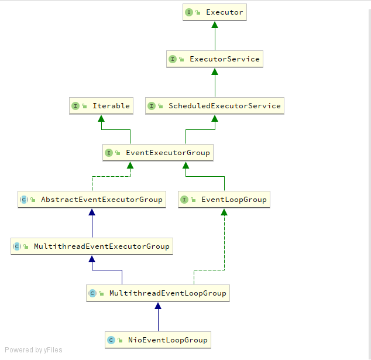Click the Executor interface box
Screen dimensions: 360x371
(x=215, y=12)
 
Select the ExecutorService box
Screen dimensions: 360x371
(x=215, y=59)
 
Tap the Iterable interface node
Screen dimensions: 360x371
(x=101, y=106)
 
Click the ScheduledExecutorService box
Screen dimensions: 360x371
(x=215, y=106)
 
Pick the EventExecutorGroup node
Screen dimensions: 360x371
(x=157, y=153)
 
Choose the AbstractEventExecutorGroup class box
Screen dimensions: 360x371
(x=91, y=200)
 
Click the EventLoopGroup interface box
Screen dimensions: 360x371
(x=224, y=200)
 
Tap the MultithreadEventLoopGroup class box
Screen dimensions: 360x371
(x=157, y=293)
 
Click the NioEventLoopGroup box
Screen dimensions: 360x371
(x=157, y=340)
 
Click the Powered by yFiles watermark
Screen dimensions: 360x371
(x=33, y=350)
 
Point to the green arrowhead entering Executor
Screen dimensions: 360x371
(x=215, y=25)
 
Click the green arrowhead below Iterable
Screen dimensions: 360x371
(x=101, y=118)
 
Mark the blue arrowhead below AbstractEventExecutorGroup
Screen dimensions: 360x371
(x=91, y=212)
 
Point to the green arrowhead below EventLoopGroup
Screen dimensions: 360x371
(x=224, y=212)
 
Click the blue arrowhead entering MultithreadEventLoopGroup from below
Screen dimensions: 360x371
(x=157, y=306)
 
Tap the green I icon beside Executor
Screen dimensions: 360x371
(x=190, y=12)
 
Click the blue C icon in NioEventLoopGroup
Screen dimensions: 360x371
(x=111, y=340)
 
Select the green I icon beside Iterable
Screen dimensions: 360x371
(x=75, y=106)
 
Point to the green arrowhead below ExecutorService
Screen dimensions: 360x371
(x=215, y=71)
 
